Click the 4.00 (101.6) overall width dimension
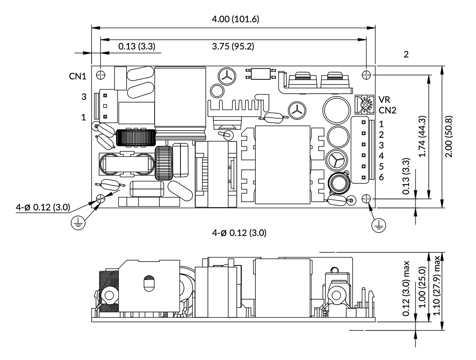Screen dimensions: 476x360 point(235,19)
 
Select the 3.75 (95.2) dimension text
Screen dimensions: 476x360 point(233,46)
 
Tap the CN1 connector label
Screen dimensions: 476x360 point(78,76)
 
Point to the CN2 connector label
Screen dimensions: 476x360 point(387,110)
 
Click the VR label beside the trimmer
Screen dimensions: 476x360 point(384,100)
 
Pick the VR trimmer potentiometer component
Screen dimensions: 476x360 point(364,105)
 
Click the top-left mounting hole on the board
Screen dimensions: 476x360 point(101,75)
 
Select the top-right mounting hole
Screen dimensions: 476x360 point(366,75)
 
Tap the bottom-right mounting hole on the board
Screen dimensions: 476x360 point(366,198)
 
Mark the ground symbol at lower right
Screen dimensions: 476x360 point(378,226)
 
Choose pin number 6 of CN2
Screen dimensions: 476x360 point(382,177)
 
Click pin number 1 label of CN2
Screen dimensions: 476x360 point(382,124)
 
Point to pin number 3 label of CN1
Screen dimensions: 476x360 point(84,96)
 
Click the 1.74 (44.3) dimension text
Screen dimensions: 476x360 point(422,137)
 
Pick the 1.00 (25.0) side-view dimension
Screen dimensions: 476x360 point(422,287)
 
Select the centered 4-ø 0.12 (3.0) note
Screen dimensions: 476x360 point(239,233)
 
